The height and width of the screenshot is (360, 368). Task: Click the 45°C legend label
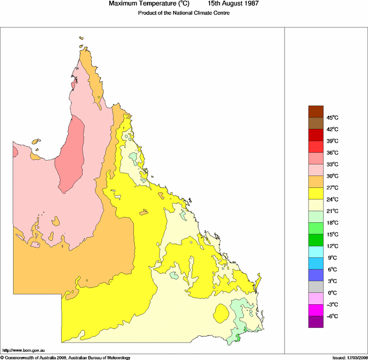coord(333,117)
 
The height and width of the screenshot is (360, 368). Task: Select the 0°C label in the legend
coord(331,293)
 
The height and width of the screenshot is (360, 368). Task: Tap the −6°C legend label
coord(333,316)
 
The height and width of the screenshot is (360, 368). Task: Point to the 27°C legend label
coord(333,187)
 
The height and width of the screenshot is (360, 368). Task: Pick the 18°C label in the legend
coord(333,222)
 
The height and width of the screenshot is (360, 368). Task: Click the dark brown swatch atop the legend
coord(316,111)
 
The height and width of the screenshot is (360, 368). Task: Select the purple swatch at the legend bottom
coord(316,322)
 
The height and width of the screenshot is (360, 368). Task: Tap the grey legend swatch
coord(316,287)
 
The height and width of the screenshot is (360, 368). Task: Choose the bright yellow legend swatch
coord(316,193)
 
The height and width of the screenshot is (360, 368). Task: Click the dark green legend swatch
coord(316,240)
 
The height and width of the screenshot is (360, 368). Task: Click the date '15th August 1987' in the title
coord(233,4)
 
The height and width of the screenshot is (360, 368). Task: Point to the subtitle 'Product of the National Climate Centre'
coord(183,13)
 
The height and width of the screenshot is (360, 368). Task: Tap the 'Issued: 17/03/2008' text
coord(349,357)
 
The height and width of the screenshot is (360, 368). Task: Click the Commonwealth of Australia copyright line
coord(66,357)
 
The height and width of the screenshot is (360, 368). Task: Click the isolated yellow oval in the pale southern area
coord(221,314)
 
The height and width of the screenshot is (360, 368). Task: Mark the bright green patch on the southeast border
coord(238,340)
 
